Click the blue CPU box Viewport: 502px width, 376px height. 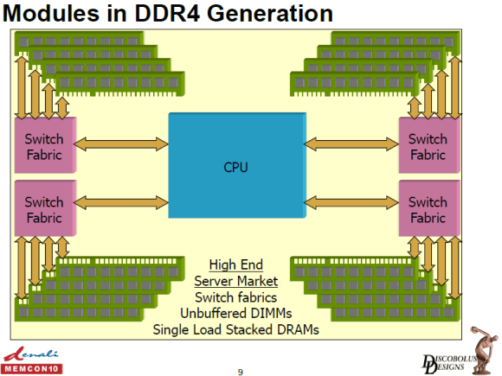coord(237,165)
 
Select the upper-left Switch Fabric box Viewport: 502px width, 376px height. coord(45,145)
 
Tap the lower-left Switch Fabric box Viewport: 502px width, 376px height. coord(45,208)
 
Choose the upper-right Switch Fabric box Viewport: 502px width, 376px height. coord(429,145)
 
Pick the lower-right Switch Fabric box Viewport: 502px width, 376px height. coord(429,208)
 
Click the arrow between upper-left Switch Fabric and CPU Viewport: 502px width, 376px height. coord(121,144)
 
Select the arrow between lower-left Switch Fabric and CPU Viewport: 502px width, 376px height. coord(121,203)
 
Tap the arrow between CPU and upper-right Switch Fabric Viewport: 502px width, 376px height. coord(351,144)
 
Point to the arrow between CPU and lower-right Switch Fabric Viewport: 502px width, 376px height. coord(351,203)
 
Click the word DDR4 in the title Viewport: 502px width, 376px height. coord(168,14)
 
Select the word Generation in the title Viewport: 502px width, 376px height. coord(270,14)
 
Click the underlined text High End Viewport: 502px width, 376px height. coord(236,264)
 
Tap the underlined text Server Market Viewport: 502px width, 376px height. coord(236,281)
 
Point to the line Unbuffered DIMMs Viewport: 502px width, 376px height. coord(236,313)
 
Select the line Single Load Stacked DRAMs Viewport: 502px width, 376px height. coord(236,329)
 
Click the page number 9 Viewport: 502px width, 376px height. coord(241,372)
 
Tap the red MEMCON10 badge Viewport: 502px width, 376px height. coord(32,368)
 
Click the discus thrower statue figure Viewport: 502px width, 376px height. coord(485,350)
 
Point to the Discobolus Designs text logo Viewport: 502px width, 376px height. coord(448,364)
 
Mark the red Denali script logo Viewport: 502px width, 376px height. coord(31,354)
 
